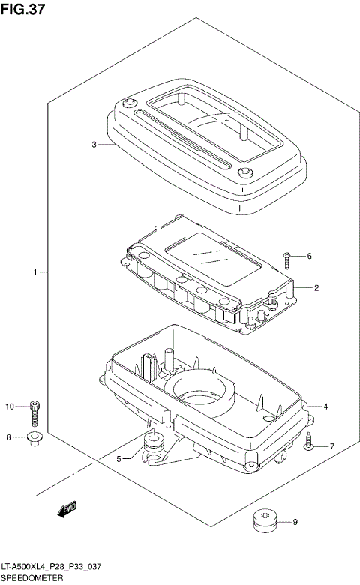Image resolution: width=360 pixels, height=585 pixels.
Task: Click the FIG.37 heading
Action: [22, 8]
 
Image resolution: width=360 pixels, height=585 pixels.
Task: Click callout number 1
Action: [35, 272]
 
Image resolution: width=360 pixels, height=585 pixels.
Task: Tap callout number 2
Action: [316, 288]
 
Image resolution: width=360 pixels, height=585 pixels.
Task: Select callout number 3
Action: [94, 145]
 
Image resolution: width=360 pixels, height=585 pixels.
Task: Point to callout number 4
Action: [325, 406]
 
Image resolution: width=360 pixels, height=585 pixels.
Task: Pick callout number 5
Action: [118, 458]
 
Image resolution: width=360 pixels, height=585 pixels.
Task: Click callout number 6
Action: [309, 256]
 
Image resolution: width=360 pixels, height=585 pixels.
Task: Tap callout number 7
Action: [332, 445]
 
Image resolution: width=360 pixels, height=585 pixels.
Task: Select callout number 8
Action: [8, 437]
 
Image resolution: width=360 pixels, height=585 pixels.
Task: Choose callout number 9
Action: [295, 522]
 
